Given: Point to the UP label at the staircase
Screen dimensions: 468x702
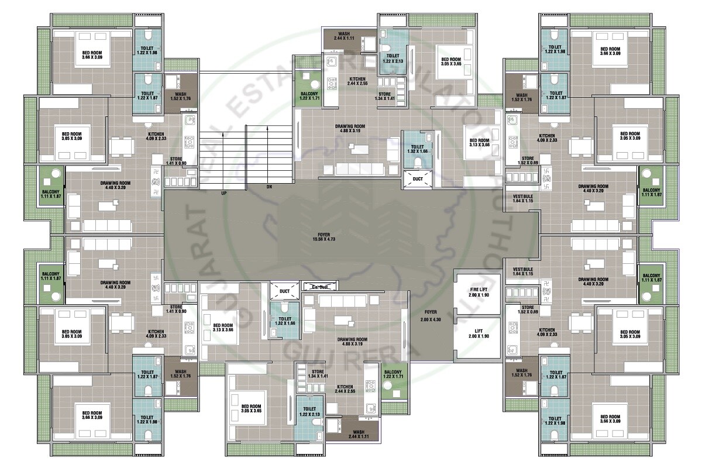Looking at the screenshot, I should click(x=224, y=192).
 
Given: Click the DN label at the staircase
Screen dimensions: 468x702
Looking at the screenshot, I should click(x=269, y=188).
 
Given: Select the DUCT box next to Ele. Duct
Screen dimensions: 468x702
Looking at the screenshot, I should click(x=285, y=290).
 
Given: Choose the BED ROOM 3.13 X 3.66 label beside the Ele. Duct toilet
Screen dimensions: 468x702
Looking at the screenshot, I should click(x=223, y=328).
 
